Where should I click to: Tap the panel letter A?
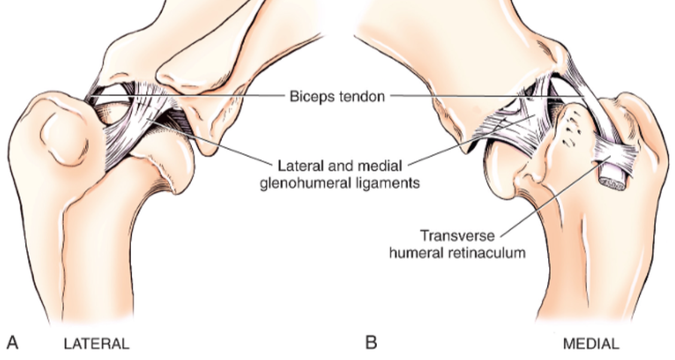(13, 343)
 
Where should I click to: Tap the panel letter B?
(371, 343)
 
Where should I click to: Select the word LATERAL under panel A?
(96, 344)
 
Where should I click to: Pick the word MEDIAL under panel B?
(591, 344)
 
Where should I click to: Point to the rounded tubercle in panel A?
(62, 138)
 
